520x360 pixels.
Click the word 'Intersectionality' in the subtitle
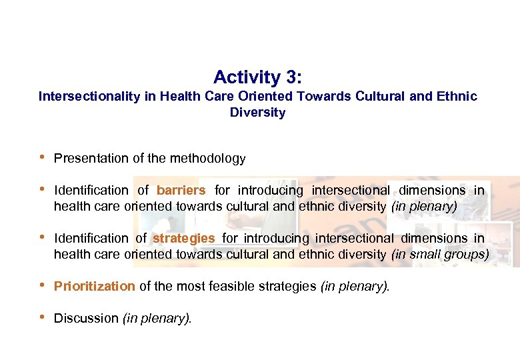(89, 97)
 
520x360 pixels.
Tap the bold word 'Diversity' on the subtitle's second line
(257, 113)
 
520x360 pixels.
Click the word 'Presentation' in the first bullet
(90, 159)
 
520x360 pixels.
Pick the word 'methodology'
(207, 159)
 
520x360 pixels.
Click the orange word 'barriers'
(181, 191)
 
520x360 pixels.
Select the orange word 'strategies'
(184, 238)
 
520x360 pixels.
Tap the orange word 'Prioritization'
(94, 287)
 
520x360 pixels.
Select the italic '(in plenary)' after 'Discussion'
(157, 319)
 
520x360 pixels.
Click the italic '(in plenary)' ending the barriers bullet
(424, 207)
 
